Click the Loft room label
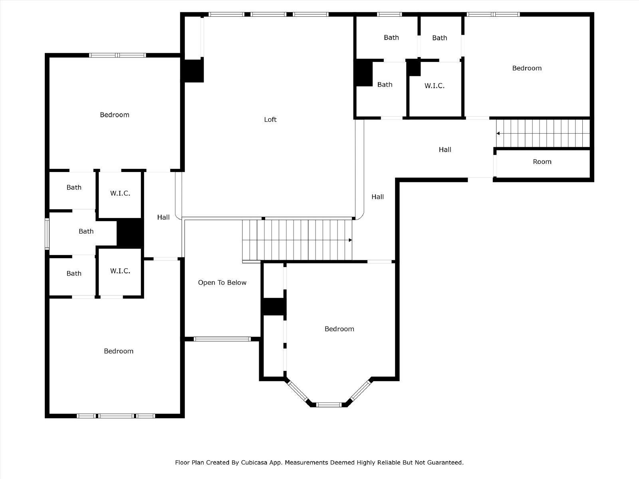click(x=270, y=119)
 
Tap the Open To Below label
click(x=222, y=282)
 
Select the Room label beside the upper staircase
click(x=542, y=162)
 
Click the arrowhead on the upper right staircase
click(x=498, y=133)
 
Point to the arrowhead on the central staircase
click(x=350, y=240)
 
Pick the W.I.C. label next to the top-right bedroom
click(x=435, y=86)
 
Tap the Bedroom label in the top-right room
click(x=527, y=68)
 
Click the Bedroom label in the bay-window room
click(x=339, y=329)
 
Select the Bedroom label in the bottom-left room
click(x=119, y=351)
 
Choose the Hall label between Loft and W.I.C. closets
click(x=163, y=217)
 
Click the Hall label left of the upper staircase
click(x=445, y=149)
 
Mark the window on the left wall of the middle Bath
click(x=47, y=234)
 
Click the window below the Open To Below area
click(x=222, y=339)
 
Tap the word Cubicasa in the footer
click(x=254, y=462)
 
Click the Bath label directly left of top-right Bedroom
click(x=440, y=38)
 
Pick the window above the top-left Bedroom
click(x=117, y=55)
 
